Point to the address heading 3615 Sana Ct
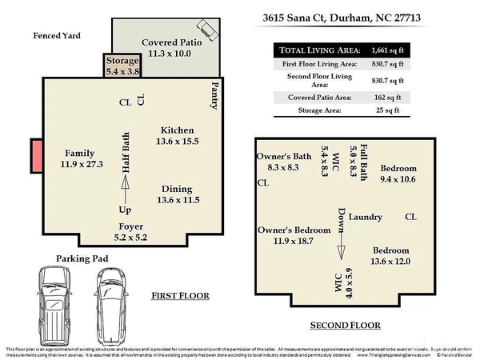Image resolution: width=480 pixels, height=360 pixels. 331,17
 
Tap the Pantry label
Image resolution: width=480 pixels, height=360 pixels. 214,94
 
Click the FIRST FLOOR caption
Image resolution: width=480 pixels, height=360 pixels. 180,296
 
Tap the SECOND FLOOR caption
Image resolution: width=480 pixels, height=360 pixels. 345,326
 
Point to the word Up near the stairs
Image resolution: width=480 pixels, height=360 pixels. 126,210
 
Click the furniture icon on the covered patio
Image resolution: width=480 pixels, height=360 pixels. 209,30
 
